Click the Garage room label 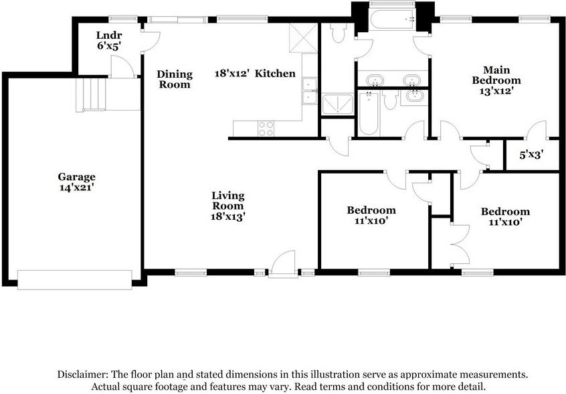[76, 177]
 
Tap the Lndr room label [109, 36]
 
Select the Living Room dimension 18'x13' [228, 216]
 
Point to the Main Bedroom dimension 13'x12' [496, 90]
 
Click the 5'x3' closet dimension [531, 155]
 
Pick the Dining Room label [175, 79]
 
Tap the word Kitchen [275, 74]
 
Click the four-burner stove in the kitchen [266, 129]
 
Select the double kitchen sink [309, 90]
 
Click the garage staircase [90, 94]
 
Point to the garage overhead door [75, 280]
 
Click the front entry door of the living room [284, 264]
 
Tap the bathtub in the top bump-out [392, 19]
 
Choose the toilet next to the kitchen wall [339, 33]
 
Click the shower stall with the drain [337, 105]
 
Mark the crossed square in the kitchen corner [303, 38]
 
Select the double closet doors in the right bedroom [460, 245]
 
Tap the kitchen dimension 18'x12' [232, 74]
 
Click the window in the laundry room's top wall [123, 19]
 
